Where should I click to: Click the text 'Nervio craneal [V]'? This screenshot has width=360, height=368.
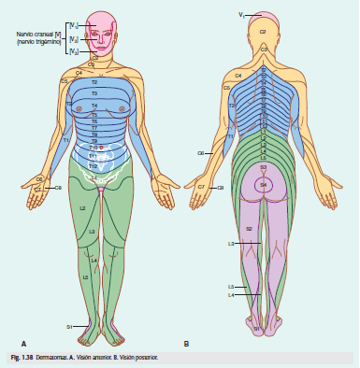point(35,35)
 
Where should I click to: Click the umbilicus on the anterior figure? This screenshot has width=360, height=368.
point(97,148)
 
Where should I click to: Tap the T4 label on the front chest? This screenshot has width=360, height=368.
point(94,106)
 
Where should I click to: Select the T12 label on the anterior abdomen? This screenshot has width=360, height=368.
point(93,165)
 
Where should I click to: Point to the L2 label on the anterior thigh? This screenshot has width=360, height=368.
point(82,207)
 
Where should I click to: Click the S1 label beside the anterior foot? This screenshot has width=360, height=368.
point(69,326)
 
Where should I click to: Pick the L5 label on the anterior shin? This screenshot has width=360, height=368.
point(85,277)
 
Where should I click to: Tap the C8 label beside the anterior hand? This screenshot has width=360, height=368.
point(58,188)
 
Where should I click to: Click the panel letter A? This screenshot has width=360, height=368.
point(23,344)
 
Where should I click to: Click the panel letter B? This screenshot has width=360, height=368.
point(186,344)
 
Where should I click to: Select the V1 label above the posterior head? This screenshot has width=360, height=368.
point(241,15)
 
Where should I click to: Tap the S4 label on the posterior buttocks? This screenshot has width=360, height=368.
point(264,184)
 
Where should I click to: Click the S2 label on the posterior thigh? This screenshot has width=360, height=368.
point(249,228)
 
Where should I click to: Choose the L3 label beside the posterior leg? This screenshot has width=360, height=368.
point(230,244)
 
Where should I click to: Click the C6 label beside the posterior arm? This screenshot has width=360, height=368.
point(200,152)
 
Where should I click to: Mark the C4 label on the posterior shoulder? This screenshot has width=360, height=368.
point(238,75)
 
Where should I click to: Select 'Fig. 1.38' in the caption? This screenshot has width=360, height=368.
point(21,358)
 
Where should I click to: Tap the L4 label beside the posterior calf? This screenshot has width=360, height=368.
point(230,295)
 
